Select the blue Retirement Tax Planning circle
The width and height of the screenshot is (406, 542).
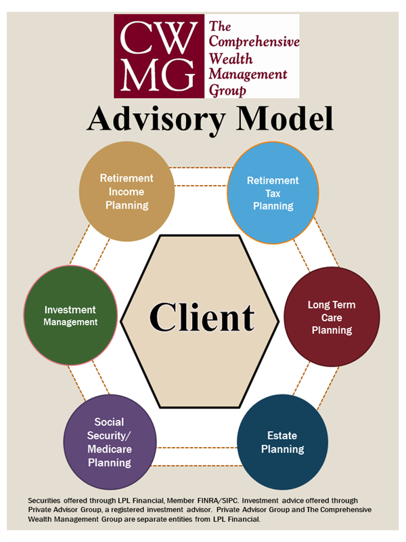[x=273, y=193]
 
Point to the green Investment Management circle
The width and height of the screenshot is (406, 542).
[x=71, y=316]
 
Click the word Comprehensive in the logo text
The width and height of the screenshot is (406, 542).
[x=253, y=41]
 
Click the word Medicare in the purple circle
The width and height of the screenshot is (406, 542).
[x=109, y=449]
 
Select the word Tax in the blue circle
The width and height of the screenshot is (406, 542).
[x=273, y=194]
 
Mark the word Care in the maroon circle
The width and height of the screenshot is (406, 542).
[x=332, y=318]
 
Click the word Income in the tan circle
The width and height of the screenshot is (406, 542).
[x=127, y=192]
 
